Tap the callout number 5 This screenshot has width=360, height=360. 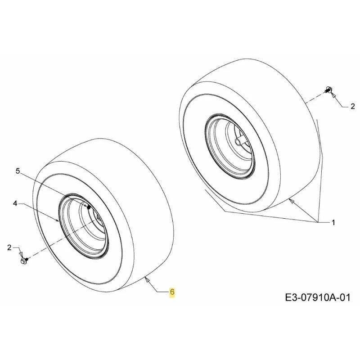(18, 171)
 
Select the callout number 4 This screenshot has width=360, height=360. (15, 203)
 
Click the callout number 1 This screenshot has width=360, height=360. (333, 222)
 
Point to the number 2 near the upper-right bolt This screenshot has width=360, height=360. (353, 107)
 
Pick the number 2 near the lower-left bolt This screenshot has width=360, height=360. (9, 247)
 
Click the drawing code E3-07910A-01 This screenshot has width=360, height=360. (318, 298)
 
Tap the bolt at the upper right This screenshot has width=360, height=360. (328, 90)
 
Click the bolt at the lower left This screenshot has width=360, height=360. (24, 261)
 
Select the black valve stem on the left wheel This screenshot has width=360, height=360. (89, 207)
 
